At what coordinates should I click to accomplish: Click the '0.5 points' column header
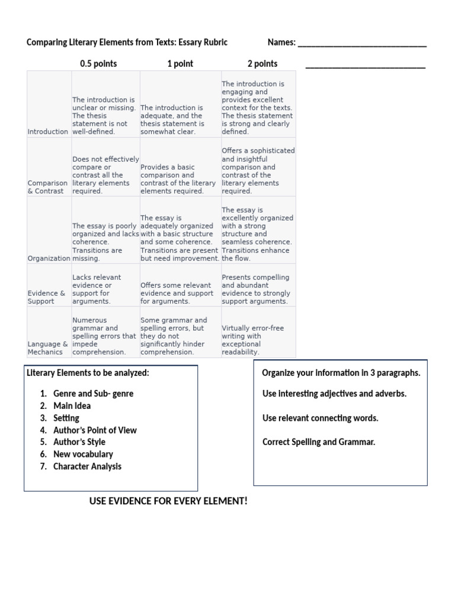click(98, 64)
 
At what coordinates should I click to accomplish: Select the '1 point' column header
click(180, 64)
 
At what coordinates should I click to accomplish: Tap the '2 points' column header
click(262, 64)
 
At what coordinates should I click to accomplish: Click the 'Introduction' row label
click(48, 132)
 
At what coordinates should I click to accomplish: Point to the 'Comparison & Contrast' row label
click(47, 187)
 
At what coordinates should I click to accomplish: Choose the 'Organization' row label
click(49, 259)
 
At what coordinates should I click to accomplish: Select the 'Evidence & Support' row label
click(47, 297)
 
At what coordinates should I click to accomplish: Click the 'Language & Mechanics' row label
click(48, 348)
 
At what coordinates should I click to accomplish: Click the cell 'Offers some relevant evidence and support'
click(176, 293)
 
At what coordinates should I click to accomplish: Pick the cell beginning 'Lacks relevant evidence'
click(97, 289)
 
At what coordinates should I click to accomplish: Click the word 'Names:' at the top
click(281, 43)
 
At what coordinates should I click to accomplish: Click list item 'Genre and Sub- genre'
click(93, 394)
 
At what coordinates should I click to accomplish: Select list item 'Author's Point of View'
click(95, 430)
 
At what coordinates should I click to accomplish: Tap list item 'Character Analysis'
click(87, 466)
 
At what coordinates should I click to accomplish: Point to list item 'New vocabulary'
click(83, 454)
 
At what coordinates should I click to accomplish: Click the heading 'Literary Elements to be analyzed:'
click(88, 373)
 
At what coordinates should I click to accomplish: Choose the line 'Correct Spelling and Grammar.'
click(319, 442)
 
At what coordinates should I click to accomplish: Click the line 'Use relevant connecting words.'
click(320, 418)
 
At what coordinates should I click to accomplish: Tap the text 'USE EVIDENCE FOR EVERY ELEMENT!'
click(168, 501)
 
